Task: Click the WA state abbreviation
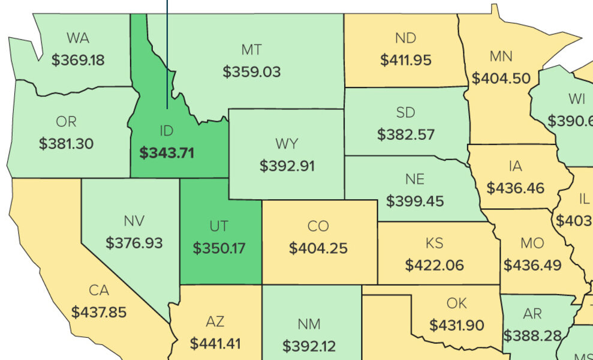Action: (x=78, y=38)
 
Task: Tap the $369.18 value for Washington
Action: (x=78, y=60)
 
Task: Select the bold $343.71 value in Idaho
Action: (x=167, y=152)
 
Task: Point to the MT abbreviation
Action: (x=252, y=50)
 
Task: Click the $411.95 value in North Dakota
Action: (x=406, y=60)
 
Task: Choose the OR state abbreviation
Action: (x=66, y=122)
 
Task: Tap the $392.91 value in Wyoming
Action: (x=287, y=166)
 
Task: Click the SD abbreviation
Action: (x=406, y=112)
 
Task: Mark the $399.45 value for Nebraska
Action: (x=415, y=200)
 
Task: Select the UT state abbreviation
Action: (x=219, y=226)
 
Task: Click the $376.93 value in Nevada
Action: (x=134, y=242)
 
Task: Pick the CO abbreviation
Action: (x=318, y=226)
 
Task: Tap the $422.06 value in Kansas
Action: (x=434, y=265)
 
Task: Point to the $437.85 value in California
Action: (x=99, y=313)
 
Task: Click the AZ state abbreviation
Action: (x=215, y=322)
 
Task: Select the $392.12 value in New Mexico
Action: (x=309, y=346)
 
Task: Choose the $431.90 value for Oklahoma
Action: (x=457, y=325)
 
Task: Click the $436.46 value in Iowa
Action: (x=516, y=188)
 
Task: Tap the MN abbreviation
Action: (x=501, y=56)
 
